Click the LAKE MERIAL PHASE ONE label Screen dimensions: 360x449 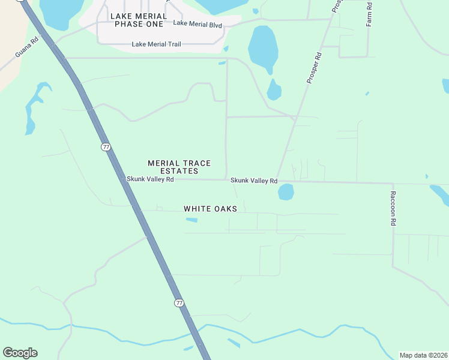coord(138,20)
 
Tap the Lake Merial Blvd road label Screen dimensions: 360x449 coord(197,24)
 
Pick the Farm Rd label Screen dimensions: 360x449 coord(369,13)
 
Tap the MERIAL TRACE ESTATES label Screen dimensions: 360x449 coord(173,167)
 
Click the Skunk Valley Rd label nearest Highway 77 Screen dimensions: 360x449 coord(150,179)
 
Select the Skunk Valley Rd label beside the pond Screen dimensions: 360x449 coord(254,181)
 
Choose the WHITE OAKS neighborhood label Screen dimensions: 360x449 coord(210,209)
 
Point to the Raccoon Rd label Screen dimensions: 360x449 coord(394,208)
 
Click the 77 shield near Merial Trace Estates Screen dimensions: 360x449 coord(106,146)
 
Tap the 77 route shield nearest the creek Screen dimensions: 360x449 coord(179,303)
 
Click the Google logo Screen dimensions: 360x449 coord(20,353)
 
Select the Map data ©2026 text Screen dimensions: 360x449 coord(423,355)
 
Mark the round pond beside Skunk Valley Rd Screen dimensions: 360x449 coord(286,192)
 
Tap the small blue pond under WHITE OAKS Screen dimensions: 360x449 coord(191,220)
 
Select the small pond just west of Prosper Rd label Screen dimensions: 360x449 coord(274,91)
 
